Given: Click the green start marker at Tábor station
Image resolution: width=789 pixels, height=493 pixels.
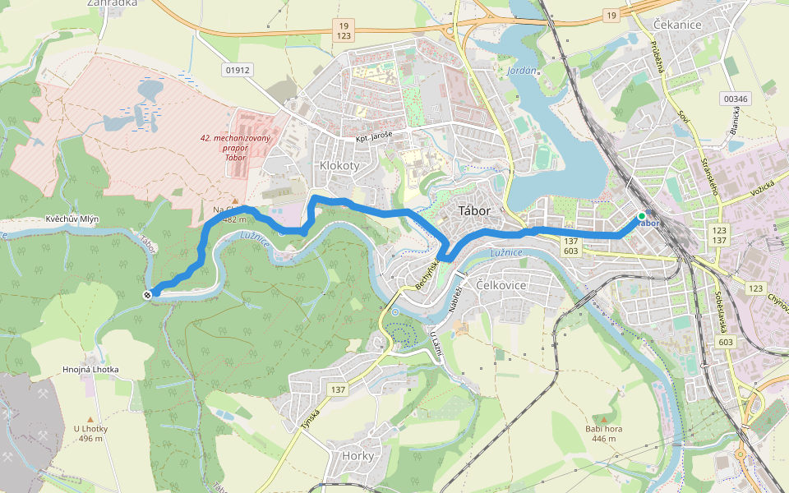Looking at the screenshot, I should [641, 216].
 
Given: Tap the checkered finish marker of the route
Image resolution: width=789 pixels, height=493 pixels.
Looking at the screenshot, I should [147, 294].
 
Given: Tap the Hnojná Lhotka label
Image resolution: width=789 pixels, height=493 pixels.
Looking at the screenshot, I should [90, 370].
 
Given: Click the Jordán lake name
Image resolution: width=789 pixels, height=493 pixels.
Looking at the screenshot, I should [523, 71].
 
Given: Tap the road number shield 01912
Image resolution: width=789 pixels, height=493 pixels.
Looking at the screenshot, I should [237, 70].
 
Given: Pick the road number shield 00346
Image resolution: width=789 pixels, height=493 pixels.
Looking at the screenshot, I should [736, 99].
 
